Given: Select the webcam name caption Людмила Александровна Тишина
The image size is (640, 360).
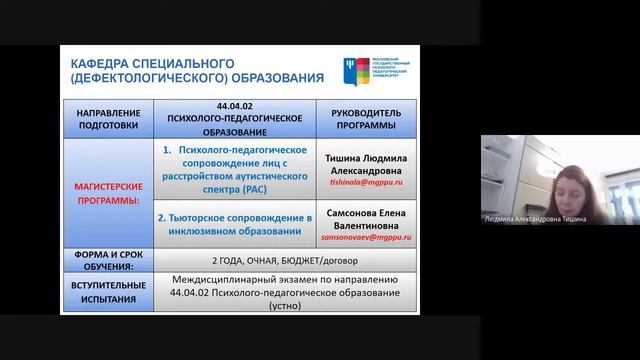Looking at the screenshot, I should click(x=535, y=219).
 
